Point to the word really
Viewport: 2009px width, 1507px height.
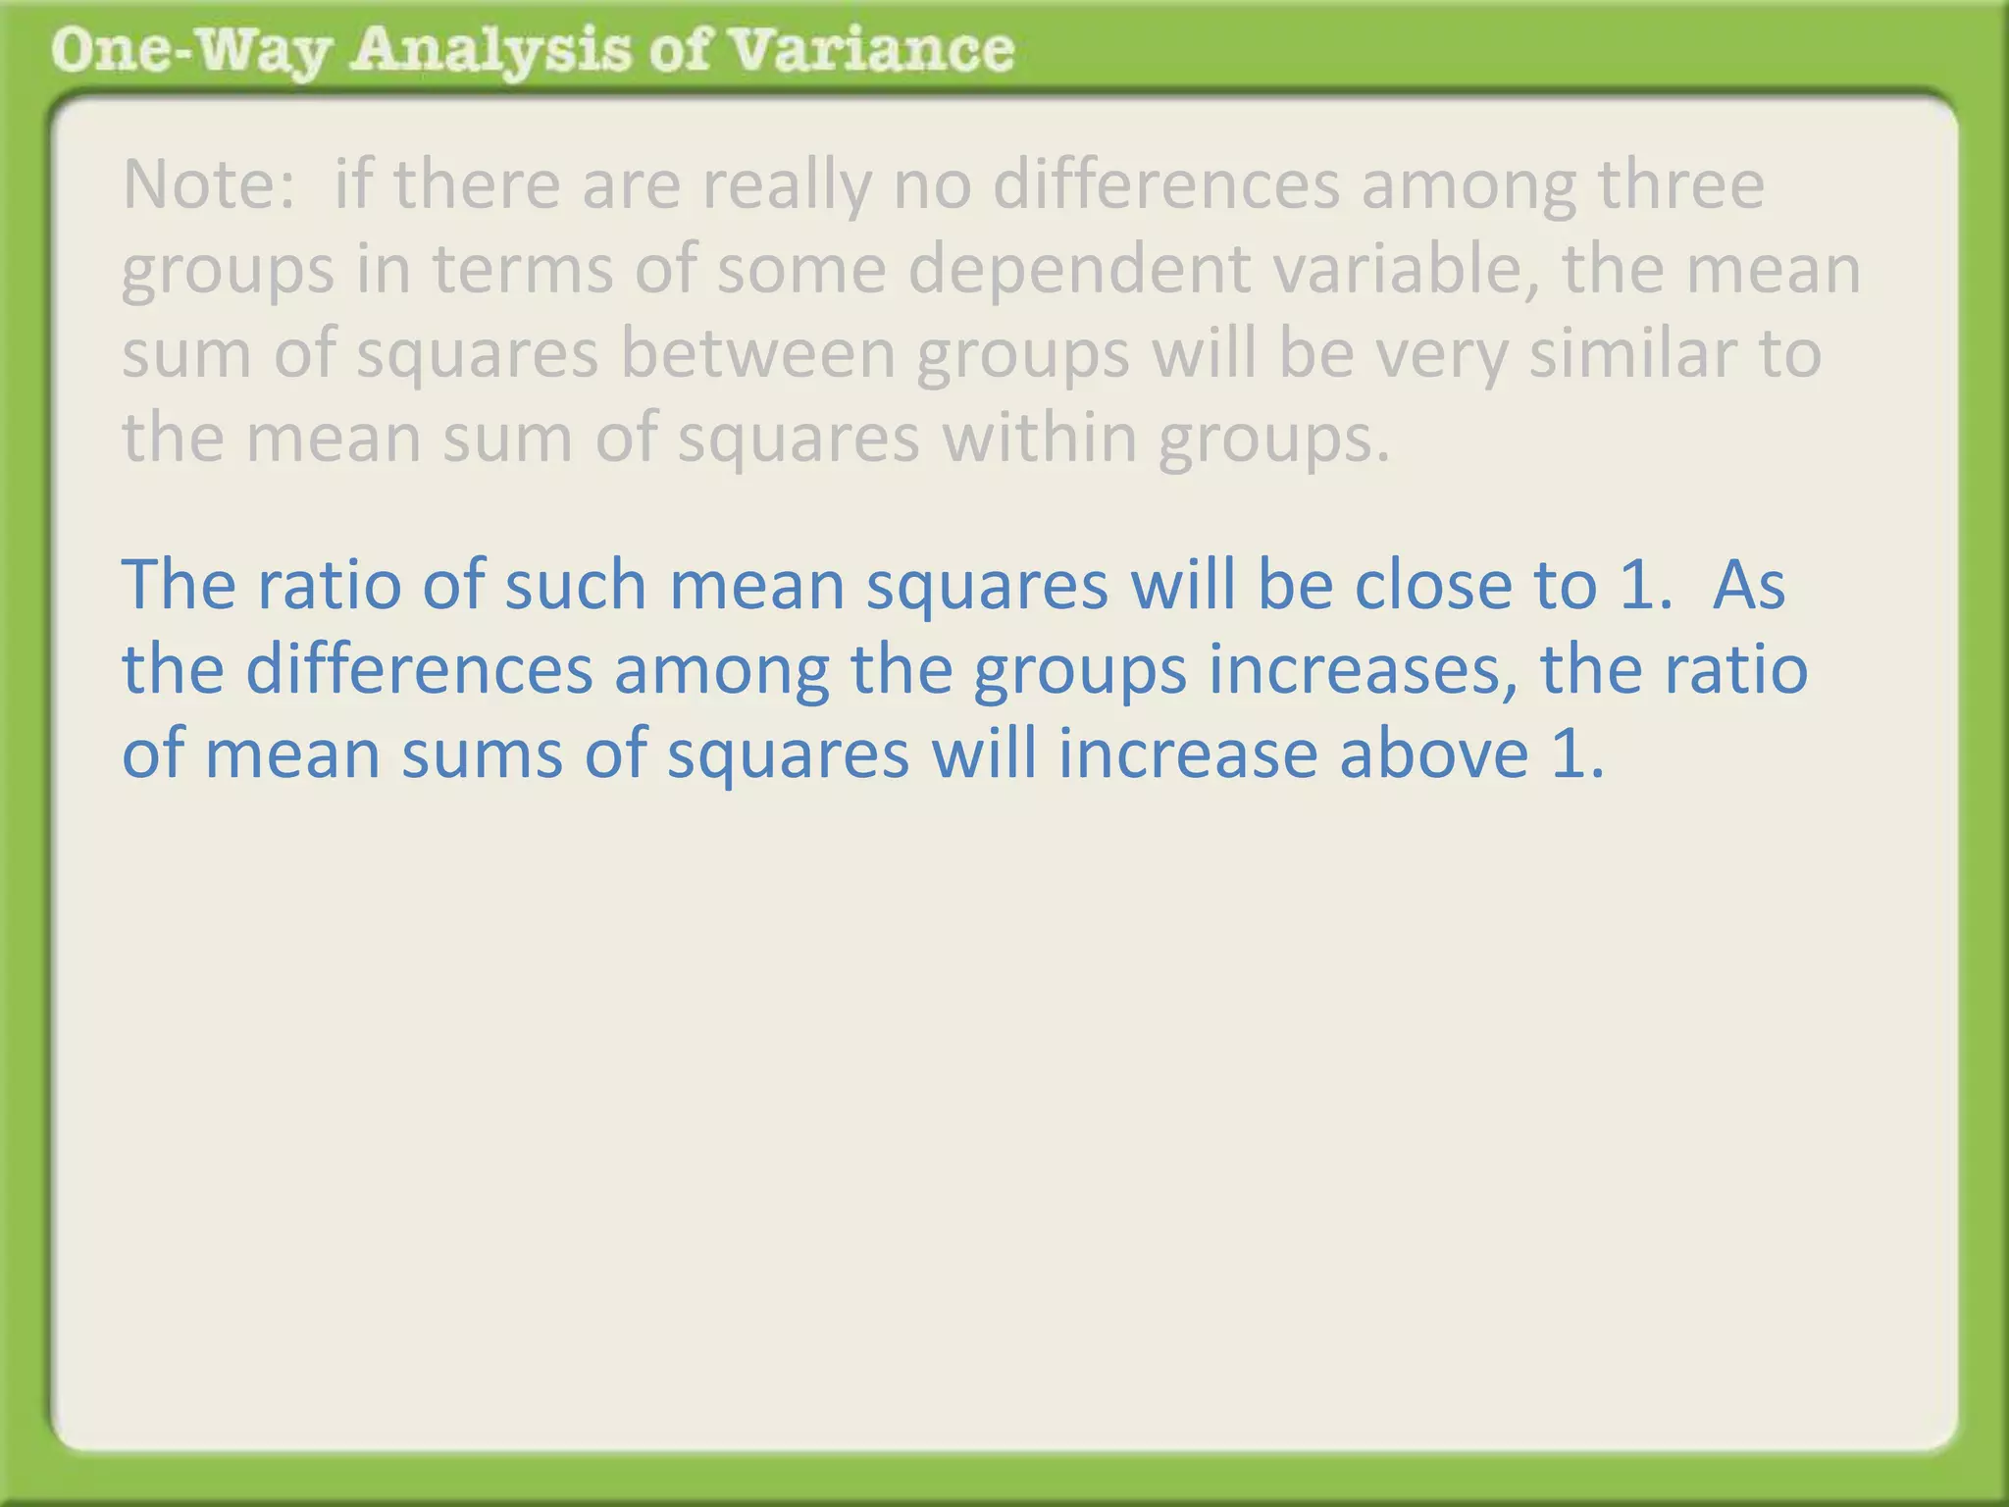[786, 186]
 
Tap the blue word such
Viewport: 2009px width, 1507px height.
[575, 585]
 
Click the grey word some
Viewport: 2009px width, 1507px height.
[800, 271]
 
